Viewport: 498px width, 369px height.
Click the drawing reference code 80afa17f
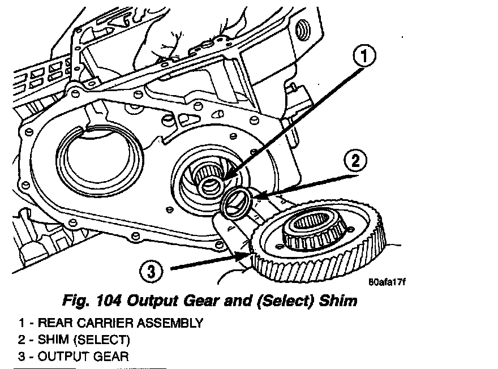387,282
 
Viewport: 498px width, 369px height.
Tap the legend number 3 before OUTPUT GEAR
21,357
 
